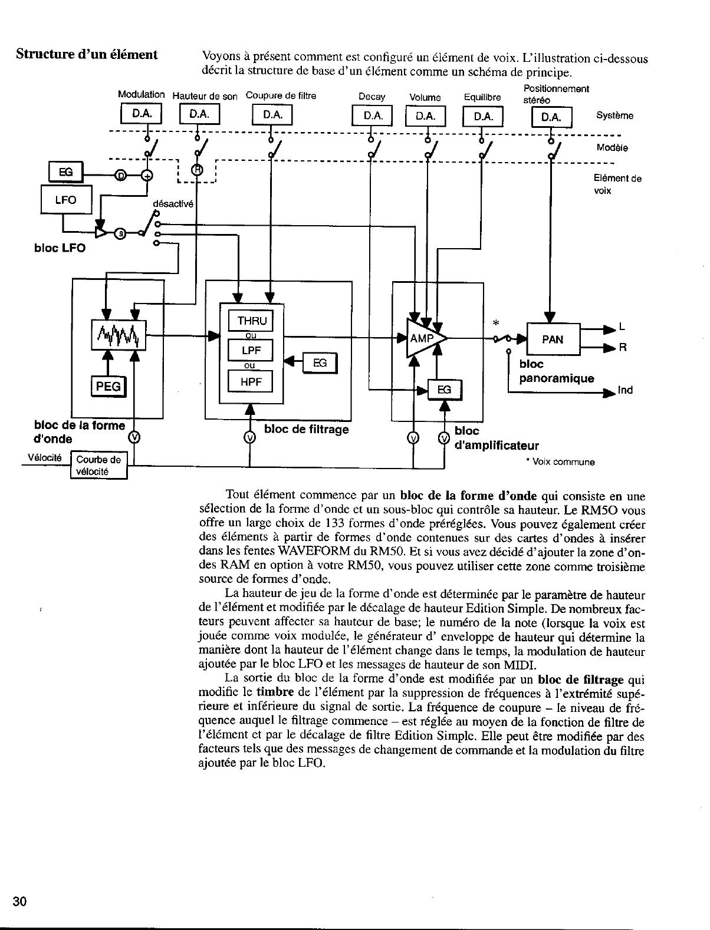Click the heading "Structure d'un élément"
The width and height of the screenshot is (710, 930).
87,55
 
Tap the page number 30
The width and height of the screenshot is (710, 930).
19,902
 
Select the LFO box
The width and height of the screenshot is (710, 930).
66,200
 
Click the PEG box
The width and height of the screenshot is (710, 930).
108,386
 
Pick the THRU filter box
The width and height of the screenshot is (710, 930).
251,321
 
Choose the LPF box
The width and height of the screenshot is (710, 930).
251,351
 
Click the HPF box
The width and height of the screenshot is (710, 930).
251,381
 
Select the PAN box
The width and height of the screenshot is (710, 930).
553,339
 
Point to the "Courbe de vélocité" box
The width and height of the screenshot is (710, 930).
98,466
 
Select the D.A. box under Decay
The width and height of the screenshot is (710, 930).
372,116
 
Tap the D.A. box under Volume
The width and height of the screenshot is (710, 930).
426,116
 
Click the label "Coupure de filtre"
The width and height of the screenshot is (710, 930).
281,96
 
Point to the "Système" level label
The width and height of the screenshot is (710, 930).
614,116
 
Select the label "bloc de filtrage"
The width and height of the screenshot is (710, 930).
306,429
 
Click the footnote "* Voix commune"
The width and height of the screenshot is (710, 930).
560,462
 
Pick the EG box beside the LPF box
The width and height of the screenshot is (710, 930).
320,364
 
